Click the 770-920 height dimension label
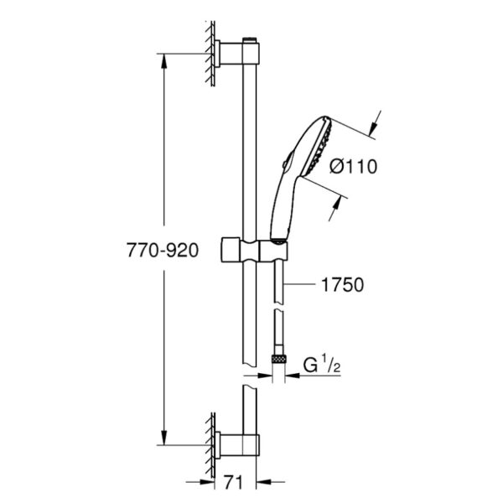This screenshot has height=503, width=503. coord(163,250)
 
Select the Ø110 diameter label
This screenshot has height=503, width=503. coord(354,167)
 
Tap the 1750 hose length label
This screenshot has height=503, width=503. coord(343,284)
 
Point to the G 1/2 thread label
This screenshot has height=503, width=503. coord(322,364)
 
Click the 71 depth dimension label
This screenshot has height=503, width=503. coord(233,483)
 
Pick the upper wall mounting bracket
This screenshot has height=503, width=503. coord(236,54)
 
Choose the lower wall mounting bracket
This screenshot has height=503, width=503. coord(236,445)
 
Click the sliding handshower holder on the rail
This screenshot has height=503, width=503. coord(254,250)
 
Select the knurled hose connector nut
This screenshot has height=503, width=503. coord(278,359)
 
